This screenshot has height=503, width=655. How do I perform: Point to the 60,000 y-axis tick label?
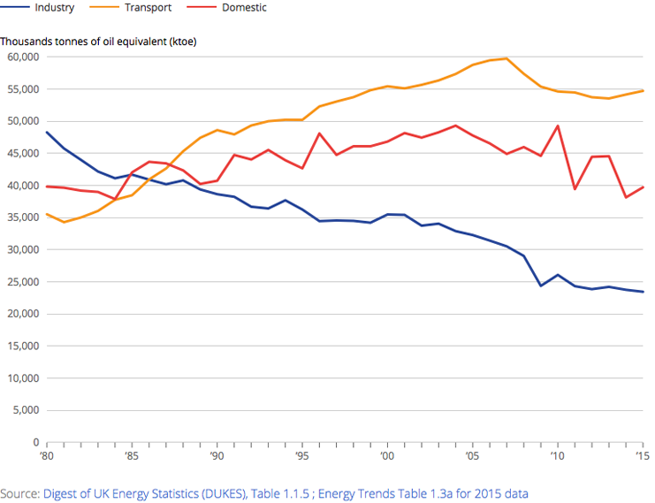tap(23, 57)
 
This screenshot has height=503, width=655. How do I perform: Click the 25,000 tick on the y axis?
tap(23, 282)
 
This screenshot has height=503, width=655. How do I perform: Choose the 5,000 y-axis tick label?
tap(27, 410)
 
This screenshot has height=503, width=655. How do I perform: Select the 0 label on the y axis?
tap(35, 442)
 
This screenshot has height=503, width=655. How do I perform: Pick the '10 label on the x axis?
tap(556, 456)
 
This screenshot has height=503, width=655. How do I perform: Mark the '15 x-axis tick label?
tap(642, 456)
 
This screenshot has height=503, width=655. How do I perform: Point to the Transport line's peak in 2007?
tap(506, 58)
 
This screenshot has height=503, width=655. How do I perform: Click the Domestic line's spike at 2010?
tap(557, 126)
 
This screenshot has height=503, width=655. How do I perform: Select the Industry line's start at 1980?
tap(46, 132)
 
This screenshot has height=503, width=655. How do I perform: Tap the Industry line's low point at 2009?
tap(540, 286)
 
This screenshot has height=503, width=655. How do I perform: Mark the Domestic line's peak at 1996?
tap(318, 133)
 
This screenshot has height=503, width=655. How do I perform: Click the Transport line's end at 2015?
tap(643, 91)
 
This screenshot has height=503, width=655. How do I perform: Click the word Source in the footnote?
tap(19, 492)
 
